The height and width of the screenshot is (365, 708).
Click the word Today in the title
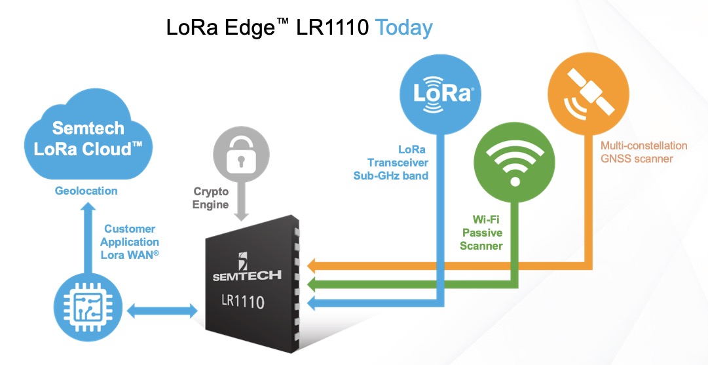[x=403, y=28]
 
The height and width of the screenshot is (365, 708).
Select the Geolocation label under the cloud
[x=86, y=191]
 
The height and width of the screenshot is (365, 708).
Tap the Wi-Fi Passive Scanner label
[x=481, y=233]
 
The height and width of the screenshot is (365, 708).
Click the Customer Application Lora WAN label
[x=130, y=242]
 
